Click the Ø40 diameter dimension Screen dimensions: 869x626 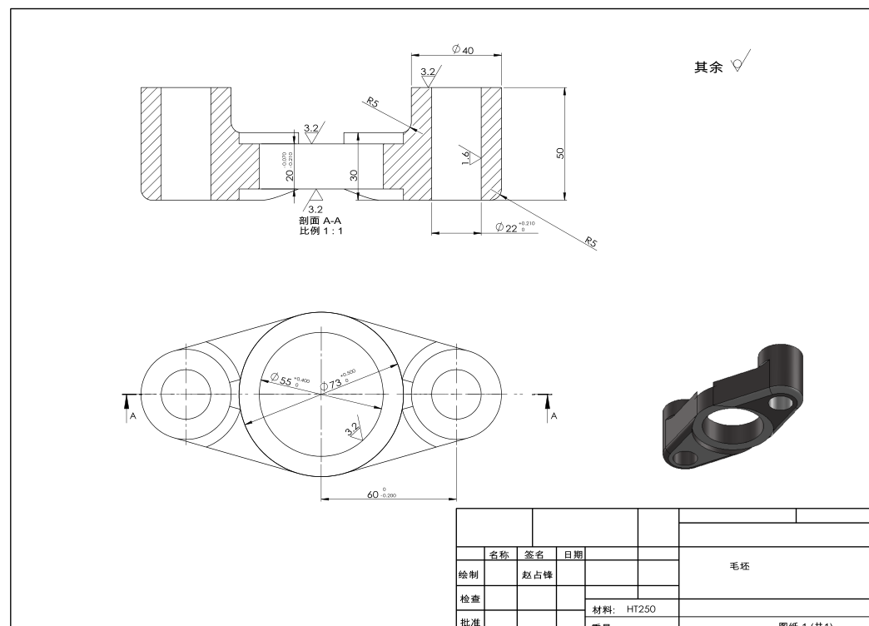463,50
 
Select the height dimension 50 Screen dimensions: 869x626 560,153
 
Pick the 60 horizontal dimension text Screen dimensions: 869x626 381,494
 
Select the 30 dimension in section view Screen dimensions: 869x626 354,175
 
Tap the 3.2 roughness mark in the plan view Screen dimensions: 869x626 353,429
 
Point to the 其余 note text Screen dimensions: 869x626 709,67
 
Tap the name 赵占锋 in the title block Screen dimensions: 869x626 538,575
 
